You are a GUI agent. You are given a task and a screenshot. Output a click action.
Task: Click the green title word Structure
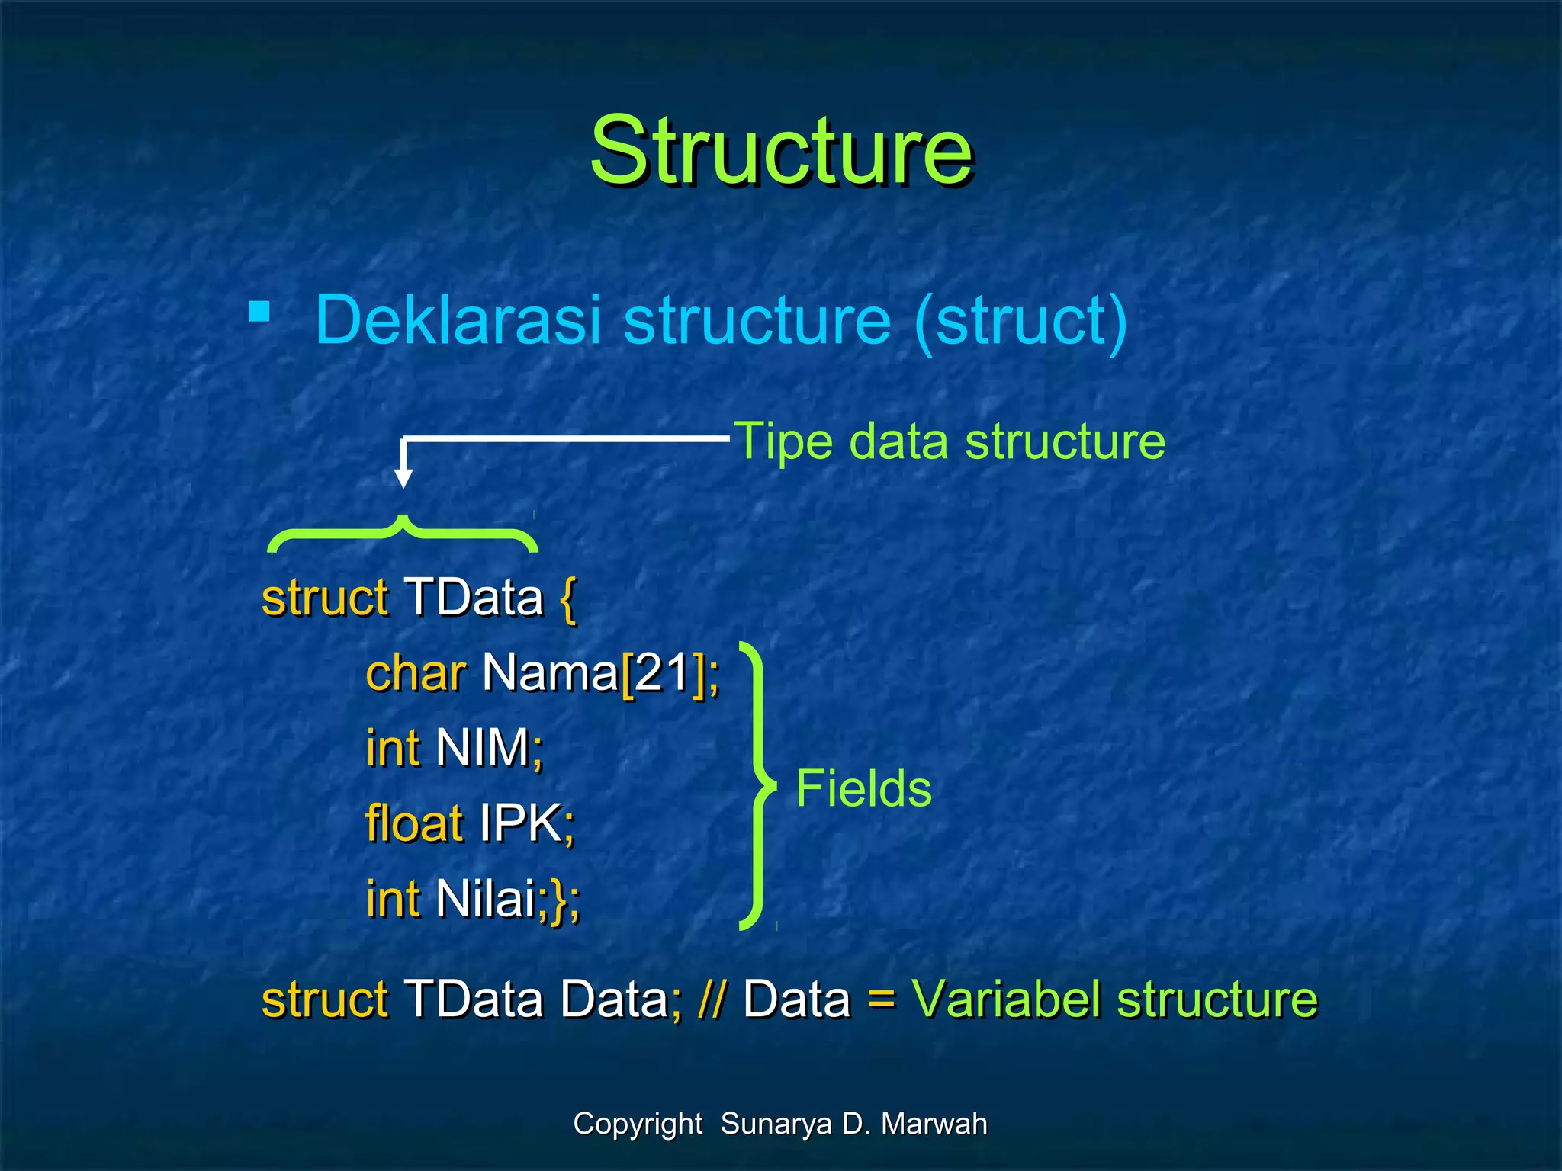[781, 150]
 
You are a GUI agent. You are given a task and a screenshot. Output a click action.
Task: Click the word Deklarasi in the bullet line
[458, 320]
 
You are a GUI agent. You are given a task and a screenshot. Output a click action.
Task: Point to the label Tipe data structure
[950, 441]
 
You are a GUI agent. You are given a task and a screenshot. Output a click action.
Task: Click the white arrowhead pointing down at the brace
[403, 478]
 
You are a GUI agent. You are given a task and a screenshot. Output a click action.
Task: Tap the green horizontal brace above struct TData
[403, 534]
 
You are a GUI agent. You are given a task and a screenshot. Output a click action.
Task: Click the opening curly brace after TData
[567, 598]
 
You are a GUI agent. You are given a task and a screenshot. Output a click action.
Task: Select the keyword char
[416, 674]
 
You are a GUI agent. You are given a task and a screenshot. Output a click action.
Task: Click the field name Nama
[550, 674]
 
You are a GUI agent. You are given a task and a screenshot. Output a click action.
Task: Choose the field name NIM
[483, 748]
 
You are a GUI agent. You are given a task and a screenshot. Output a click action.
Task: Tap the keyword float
[414, 823]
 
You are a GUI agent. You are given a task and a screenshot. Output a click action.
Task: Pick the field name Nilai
[486, 899]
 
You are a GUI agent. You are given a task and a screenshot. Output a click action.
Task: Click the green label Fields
[863, 788]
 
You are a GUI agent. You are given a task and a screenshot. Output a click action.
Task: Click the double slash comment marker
[712, 999]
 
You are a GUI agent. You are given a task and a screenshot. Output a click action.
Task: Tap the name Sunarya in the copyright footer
[775, 1124]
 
